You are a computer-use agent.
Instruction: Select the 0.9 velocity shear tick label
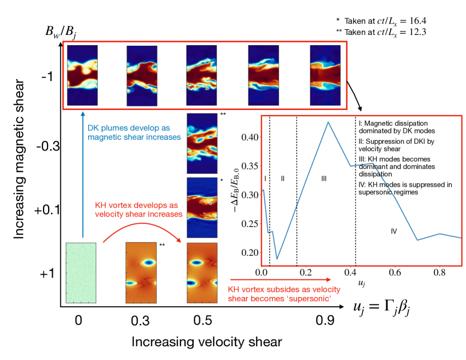point(325,321)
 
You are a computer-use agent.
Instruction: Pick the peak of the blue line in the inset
point(328,122)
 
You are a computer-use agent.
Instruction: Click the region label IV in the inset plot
point(394,231)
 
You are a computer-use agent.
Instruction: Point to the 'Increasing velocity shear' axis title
point(207,342)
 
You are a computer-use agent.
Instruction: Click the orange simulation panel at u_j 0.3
point(140,273)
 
